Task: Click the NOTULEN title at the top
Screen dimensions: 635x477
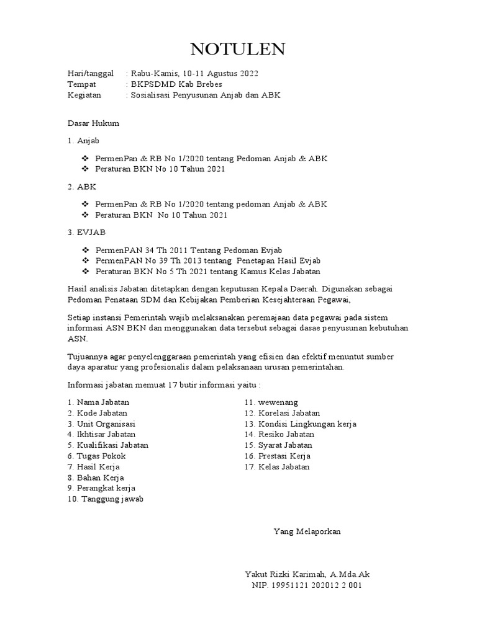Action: tap(238, 49)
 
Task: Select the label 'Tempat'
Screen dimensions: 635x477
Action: tap(82, 84)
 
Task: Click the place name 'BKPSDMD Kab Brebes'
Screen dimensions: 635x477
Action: tap(176, 84)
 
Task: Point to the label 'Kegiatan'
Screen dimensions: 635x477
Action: tap(85, 95)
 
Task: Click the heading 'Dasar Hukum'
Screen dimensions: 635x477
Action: tap(93, 123)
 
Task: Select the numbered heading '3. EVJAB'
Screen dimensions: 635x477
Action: tap(87, 232)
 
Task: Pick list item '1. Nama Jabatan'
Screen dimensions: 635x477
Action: tap(99, 402)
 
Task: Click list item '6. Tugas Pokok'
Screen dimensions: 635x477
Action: tap(97, 456)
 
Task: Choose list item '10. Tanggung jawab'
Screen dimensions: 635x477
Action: tap(106, 499)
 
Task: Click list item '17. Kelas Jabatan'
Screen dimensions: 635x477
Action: tap(276, 466)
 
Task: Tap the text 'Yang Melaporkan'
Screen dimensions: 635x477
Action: tap(307, 531)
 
